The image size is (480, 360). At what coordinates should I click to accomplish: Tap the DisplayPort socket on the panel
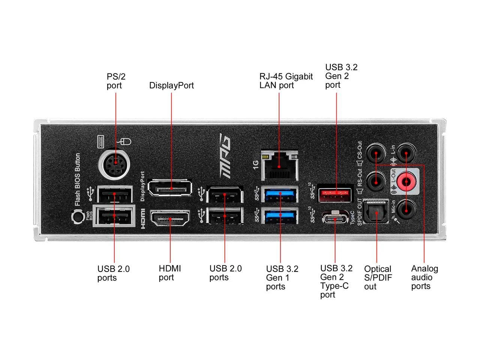point(170,188)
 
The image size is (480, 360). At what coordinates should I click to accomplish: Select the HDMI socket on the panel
point(170,218)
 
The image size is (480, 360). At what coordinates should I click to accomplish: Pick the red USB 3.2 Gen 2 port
point(335,194)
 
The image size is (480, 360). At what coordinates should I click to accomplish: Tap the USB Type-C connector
point(335,218)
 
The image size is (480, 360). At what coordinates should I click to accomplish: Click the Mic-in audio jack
point(406,210)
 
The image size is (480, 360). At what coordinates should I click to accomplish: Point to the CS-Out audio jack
point(376,153)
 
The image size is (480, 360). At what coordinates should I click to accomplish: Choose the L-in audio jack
point(406,153)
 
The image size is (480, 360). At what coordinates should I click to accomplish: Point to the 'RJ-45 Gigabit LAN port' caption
point(286,81)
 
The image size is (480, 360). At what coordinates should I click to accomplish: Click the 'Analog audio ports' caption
point(424,277)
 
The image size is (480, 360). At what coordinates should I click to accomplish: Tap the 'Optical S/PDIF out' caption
point(377,277)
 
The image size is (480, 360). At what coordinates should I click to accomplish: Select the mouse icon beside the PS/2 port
point(124,142)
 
